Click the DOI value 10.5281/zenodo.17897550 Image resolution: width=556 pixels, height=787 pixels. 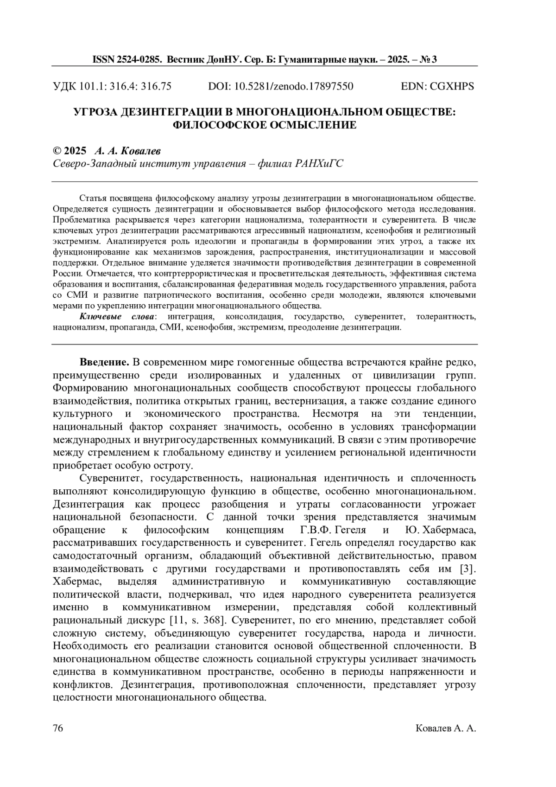(294, 86)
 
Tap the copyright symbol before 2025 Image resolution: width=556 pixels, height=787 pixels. (57, 151)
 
